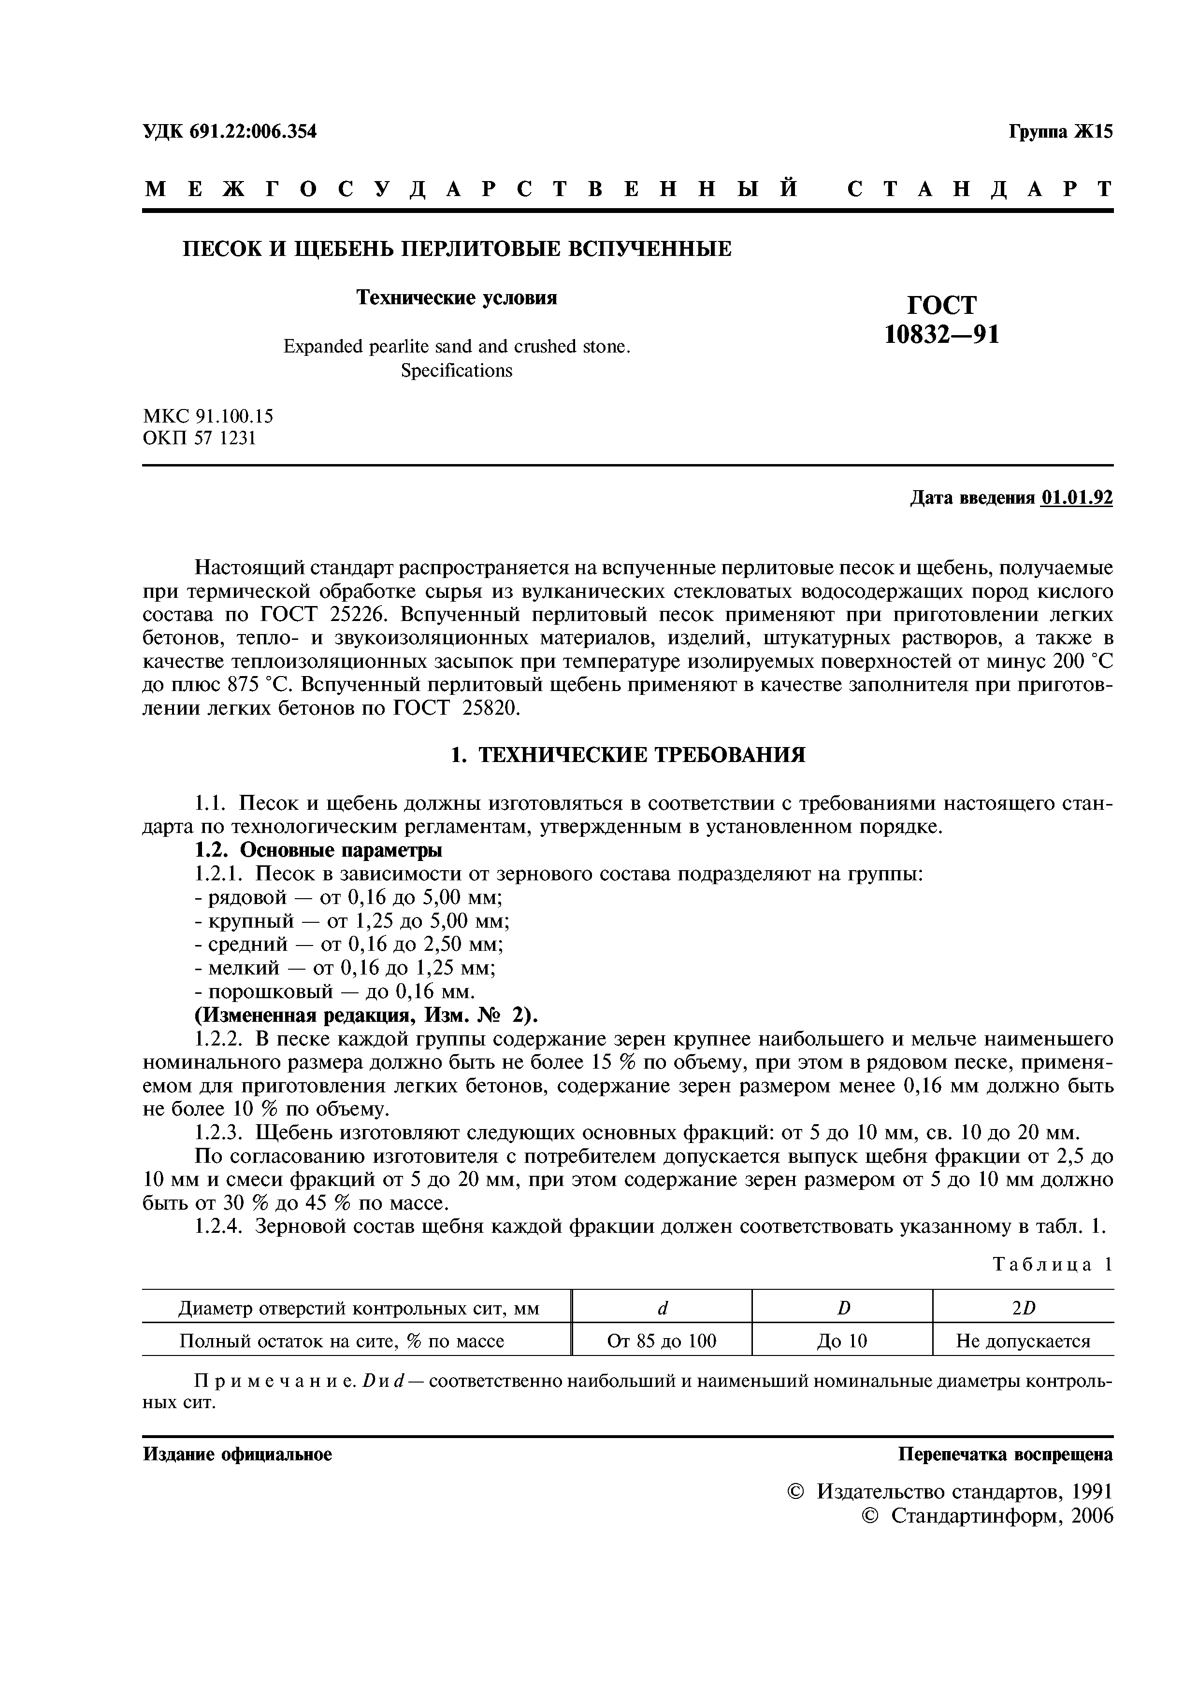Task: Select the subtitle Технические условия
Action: (457, 297)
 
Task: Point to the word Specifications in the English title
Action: (456, 370)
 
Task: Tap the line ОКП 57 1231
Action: (199, 438)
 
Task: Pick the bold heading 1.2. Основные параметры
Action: (318, 850)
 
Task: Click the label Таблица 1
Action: (1052, 1264)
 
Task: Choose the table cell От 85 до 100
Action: (662, 1341)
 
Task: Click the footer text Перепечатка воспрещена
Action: (1005, 1454)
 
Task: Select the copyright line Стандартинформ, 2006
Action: (1000, 1515)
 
